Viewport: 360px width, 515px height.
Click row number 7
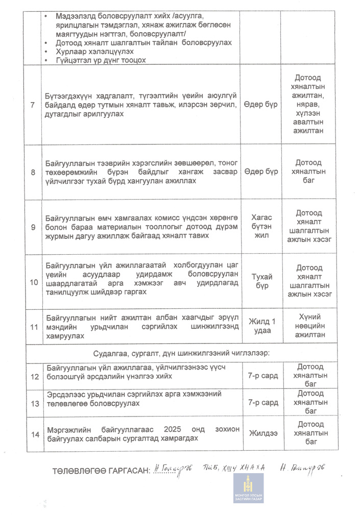tap(33, 105)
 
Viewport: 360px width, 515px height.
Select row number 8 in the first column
tap(33, 172)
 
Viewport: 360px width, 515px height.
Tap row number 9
tap(33, 226)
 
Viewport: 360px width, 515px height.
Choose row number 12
tap(35, 377)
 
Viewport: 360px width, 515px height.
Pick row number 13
tap(35, 403)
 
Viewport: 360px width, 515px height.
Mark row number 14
tap(35, 434)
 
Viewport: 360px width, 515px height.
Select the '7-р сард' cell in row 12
tap(263, 376)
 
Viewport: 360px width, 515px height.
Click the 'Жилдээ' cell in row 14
tap(263, 434)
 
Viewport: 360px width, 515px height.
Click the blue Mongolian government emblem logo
tap(249, 488)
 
